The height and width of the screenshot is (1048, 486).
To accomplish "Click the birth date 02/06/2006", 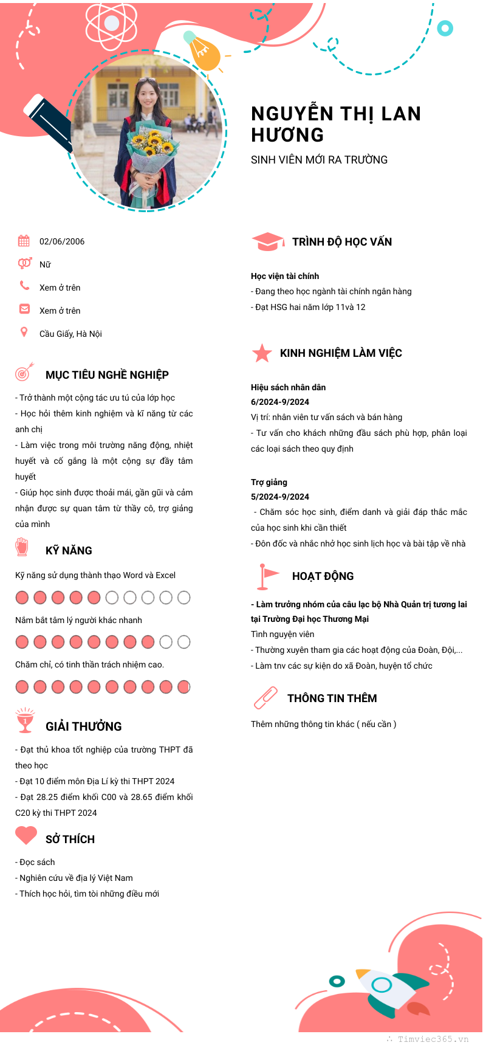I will click(x=62, y=241).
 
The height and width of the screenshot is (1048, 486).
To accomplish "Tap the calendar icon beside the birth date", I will click(x=24, y=241).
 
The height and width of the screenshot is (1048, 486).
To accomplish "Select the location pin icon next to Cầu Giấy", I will click(x=24, y=332).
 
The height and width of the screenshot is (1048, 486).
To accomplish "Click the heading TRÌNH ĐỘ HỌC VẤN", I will click(x=342, y=242).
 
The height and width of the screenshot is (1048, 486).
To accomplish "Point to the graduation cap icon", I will click(x=267, y=241).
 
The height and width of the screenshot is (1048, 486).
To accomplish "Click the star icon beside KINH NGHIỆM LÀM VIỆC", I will click(x=262, y=353).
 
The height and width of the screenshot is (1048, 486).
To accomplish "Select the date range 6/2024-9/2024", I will click(x=280, y=402).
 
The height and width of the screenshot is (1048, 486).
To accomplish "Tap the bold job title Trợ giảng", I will click(x=269, y=482).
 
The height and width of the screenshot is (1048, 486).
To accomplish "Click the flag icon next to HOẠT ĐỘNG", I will click(x=266, y=576).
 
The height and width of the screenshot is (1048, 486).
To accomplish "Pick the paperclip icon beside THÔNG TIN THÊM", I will click(x=265, y=698).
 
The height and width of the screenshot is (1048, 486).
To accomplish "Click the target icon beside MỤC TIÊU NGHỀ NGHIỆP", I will click(x=24, y=372).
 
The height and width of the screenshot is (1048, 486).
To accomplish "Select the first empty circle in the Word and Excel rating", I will click(x=112, y=598).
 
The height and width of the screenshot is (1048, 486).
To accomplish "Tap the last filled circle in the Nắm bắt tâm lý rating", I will click(x=148, y=642).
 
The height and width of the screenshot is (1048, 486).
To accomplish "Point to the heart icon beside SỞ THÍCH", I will click(x=26, y=835).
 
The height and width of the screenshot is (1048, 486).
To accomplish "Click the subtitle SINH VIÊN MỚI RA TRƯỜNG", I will click(x=319, y=160).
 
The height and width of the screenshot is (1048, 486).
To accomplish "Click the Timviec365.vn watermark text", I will click(x=433, y=1039).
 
